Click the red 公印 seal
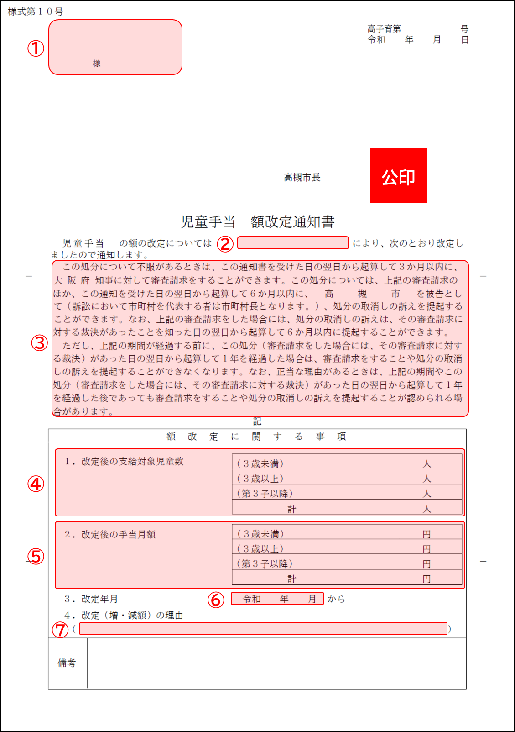pyautogui.click(x=398, y=176)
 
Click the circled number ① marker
pyautogui.click(x=36, y=48)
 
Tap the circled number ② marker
pyautogui.click(x=225, y=244)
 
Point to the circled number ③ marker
pyautogui.click(x=39, y=343)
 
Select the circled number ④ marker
pyautogui.click(x=36, y=484)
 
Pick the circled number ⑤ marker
pyautogui.click(x=36, y=557)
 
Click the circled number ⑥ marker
pyautogui.click(x=216, y=600)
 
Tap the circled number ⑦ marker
pyautogui.click(x=60, y=630)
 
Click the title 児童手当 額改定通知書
pyautogui.click(x=258, y=222)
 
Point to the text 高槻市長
pyautogui.click(x=302, y=177)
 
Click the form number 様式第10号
pyautogui.click(x=36, y=11)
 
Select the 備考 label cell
pyautogui.click(x=67, y=663)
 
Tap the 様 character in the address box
pyautogui.click(x=97, y=63)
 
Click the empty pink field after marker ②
pyautogui.click(x=293, y=243)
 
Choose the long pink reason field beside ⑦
pyautogui.click(x=263, y=629)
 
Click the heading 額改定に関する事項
pyautogui.click(x=257, y=436)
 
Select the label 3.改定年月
pyautogui.click(x=91, y=599)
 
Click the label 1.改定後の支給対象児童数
pyautogui.click(x=124, y=461)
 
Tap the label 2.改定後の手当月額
pyautogui.click(x=110, y=534)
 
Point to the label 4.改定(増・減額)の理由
pyautogui.click(x=124, y=615)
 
